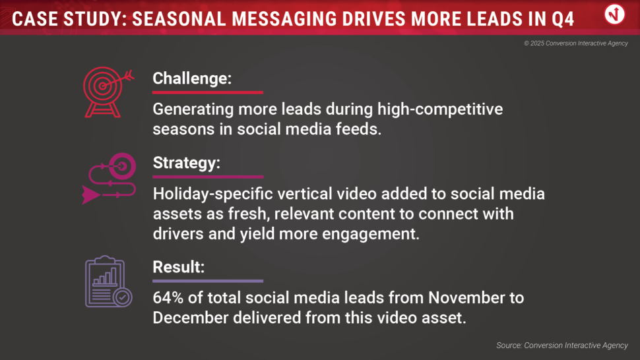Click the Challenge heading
192,78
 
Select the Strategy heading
187,163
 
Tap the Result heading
178,267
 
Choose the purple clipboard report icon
109,282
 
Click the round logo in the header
614,15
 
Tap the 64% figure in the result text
168,297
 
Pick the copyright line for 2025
576,44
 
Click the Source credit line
562,345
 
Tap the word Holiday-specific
212,194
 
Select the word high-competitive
440,109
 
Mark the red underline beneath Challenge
208,92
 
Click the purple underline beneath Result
208,281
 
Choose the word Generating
193,109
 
